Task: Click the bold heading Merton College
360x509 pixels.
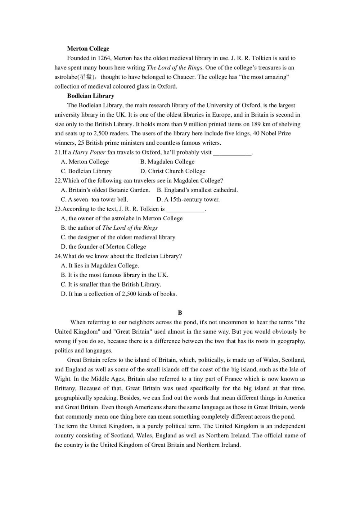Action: point(88,49)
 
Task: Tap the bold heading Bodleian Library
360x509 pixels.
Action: point(91,96)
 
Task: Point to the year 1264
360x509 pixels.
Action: point(104,58)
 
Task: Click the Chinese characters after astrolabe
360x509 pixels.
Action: point(86,77)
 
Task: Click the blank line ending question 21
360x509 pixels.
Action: point(232,153)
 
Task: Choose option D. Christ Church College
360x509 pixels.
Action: point(173,171)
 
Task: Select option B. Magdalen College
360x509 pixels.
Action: point(167,162)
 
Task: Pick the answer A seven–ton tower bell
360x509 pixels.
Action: point(94,199)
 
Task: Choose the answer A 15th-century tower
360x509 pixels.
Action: point(188,199)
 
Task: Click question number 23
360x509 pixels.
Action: point(58,209)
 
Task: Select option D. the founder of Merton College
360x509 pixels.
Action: point(103,247)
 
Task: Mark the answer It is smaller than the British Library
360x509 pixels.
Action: point(111,284)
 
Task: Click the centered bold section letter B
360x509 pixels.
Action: point(180,313)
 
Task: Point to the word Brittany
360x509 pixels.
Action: point(65,388)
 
